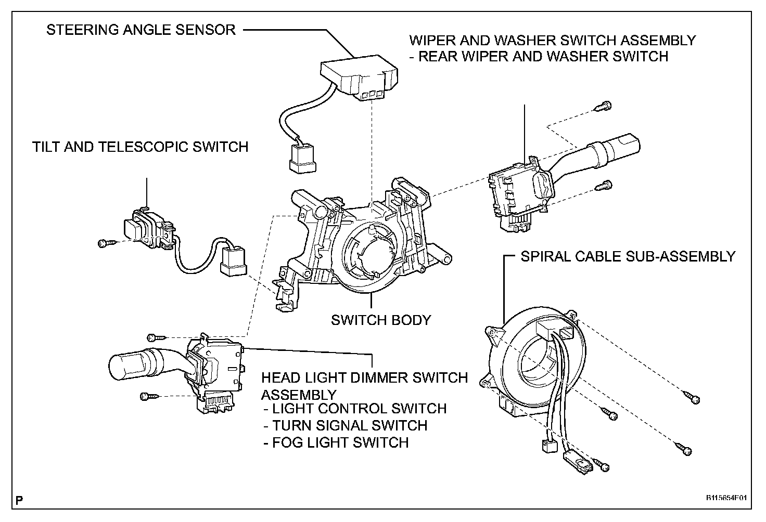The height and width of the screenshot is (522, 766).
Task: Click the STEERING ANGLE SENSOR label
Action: coord(141,30)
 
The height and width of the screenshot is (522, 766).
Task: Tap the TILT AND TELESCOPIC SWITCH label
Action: coord(141,147)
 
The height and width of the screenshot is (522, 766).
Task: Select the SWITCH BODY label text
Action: coord(381,320)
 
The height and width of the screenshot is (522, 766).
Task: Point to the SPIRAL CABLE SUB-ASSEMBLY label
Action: coord(628,256)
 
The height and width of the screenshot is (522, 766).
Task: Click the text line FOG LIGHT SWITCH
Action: coord(340,442)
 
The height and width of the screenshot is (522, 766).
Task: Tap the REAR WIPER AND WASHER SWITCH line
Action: coord(543,57)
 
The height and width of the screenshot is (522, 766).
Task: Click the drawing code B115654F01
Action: coord(726,498)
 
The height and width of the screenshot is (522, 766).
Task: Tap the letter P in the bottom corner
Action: coord(19,501)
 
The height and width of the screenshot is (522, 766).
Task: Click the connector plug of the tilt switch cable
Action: coord(232,260)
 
